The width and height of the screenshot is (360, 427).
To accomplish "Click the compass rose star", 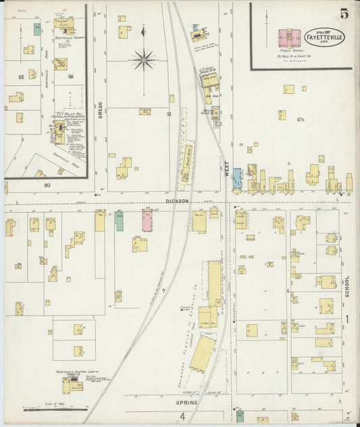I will pos(143,60).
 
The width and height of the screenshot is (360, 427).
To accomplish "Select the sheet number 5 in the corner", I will pos(344,14).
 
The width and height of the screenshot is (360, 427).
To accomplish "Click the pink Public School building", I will pos(290,36).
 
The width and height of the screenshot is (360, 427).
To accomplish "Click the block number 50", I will pos(47,184).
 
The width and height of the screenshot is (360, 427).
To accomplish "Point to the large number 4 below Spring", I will pos(182,416).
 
